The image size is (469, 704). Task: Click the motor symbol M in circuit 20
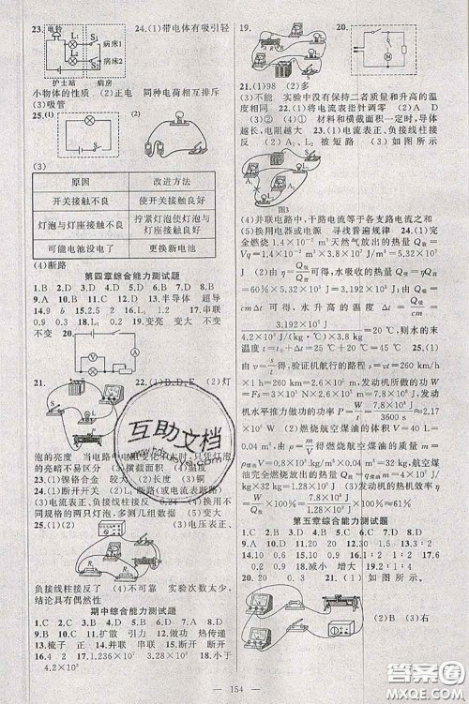tap(386, 56)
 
